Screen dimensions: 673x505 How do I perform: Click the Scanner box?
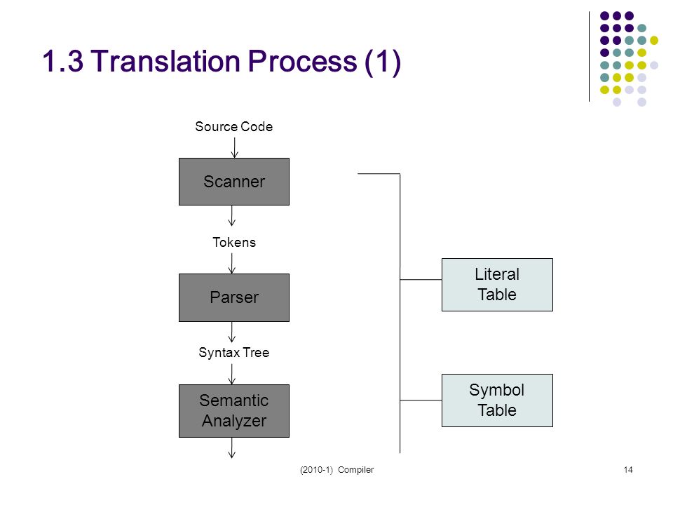click(234, 182)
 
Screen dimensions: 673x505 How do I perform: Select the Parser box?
click(234, 297)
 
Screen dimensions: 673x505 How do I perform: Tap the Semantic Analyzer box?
click(234, 411)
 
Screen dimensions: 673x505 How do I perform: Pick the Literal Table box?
click(497, 285)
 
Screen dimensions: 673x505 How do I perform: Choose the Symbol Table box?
click(497, 400)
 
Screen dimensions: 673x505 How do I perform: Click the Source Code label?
click(234, 127)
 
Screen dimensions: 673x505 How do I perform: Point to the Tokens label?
click(234, 243)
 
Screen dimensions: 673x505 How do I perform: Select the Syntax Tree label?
click(234, 353)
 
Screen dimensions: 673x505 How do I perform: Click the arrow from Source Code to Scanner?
click(234, 148)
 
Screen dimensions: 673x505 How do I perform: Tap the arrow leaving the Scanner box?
click(232, 215)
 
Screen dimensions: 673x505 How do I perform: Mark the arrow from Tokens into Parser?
click(232, 263)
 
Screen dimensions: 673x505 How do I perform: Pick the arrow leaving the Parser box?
click(232, 332)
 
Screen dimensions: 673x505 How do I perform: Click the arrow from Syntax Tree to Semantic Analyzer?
click(232, 374)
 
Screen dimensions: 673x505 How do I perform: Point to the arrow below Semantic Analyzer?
click(232, 448)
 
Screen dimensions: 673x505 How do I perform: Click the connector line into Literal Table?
click(421, 280)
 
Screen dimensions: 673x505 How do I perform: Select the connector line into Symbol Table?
click(421, 400)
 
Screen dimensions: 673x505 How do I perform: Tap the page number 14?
click(628, 470)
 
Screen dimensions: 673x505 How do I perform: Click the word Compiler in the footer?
click(356, 470)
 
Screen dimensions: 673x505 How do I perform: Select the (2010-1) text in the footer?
click(316, 470)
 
